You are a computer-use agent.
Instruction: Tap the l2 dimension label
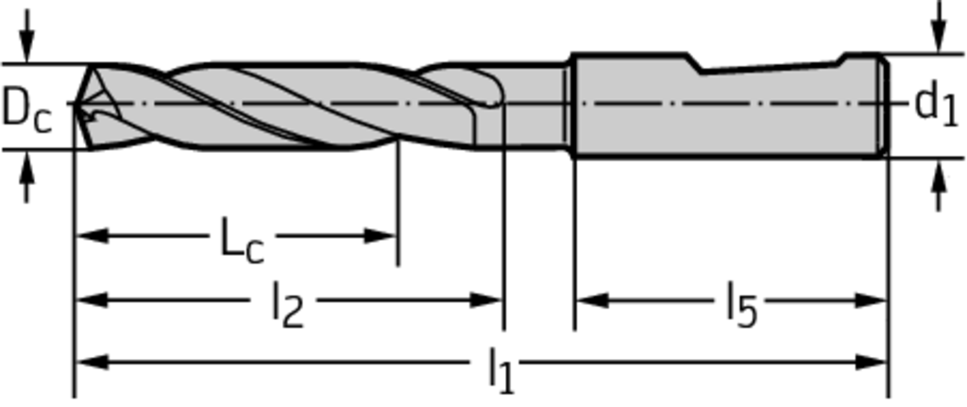288,305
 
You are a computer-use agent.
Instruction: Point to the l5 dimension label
740,305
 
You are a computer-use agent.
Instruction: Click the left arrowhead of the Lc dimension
92,235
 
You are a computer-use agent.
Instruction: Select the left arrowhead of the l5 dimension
592,300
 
